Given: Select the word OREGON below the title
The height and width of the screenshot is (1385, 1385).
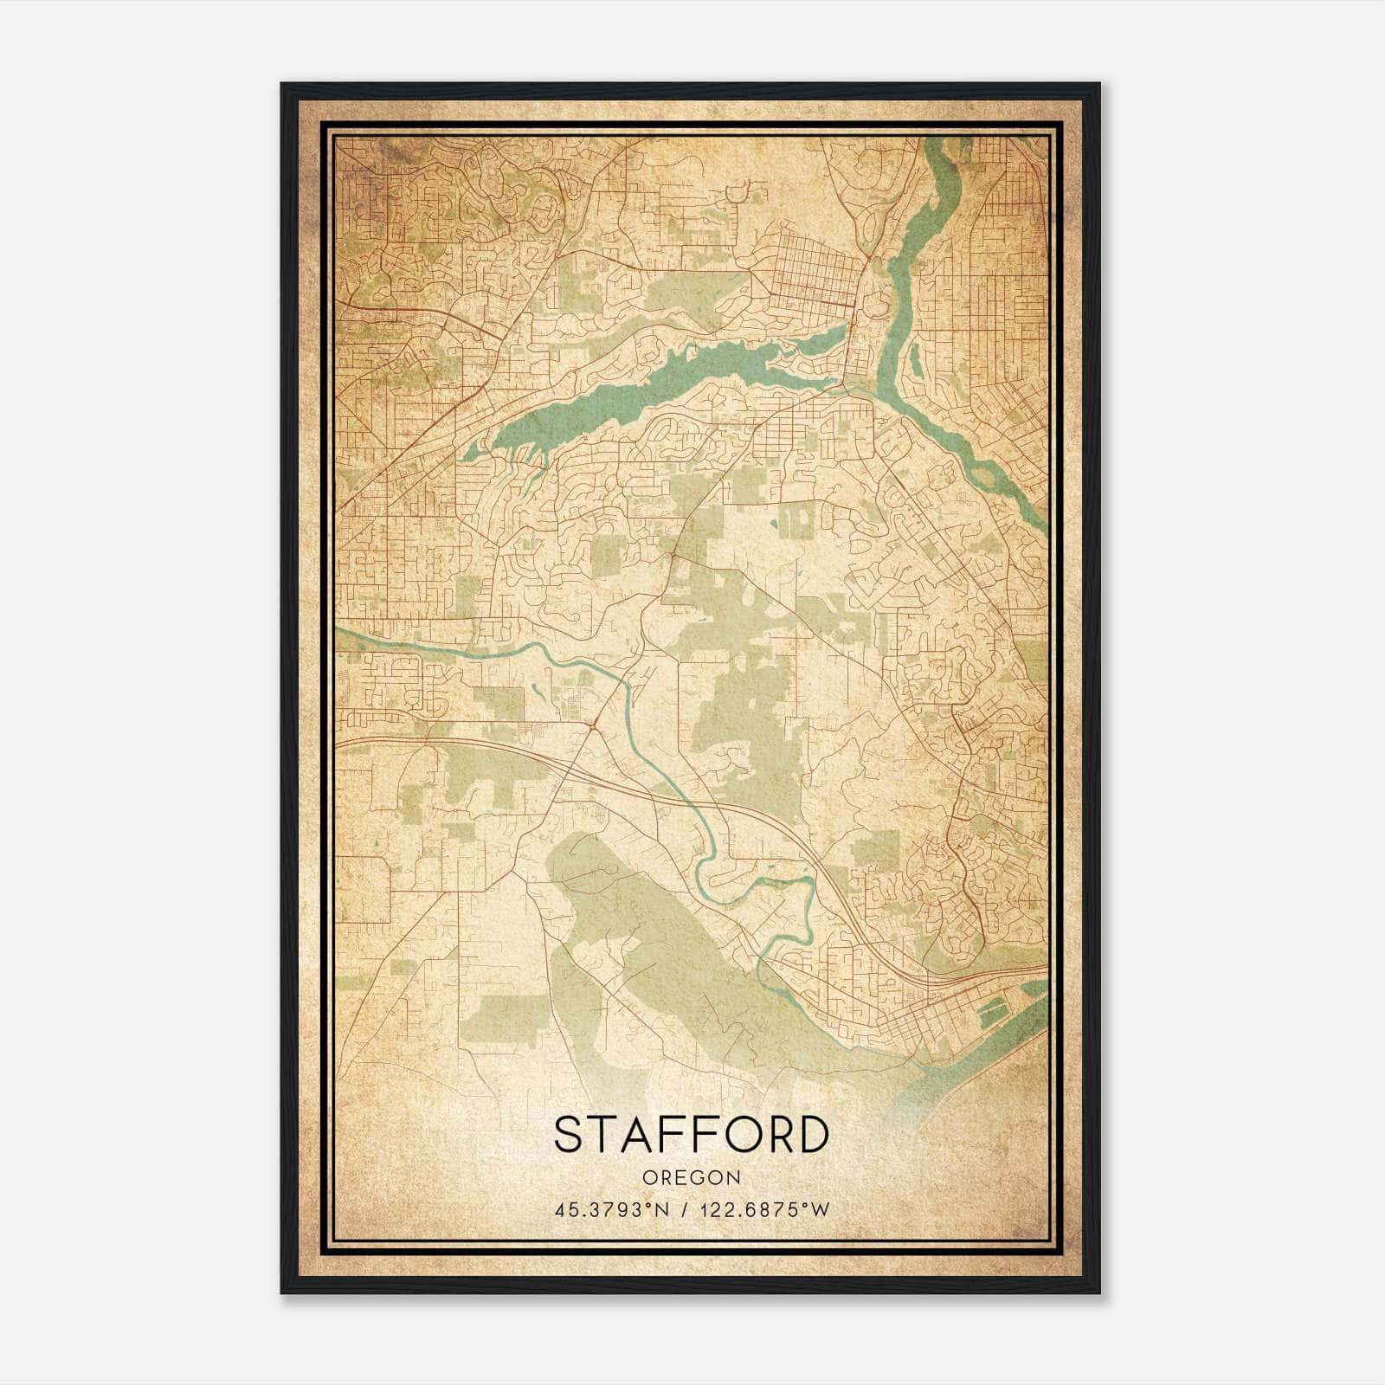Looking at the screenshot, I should click(692, 1178).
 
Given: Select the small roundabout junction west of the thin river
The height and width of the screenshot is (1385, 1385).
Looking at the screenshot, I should click(592, 725).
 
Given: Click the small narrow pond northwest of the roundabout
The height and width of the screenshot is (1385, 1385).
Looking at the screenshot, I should click(538, 691).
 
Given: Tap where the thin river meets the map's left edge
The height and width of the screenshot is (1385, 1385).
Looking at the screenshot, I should click(339, 634).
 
